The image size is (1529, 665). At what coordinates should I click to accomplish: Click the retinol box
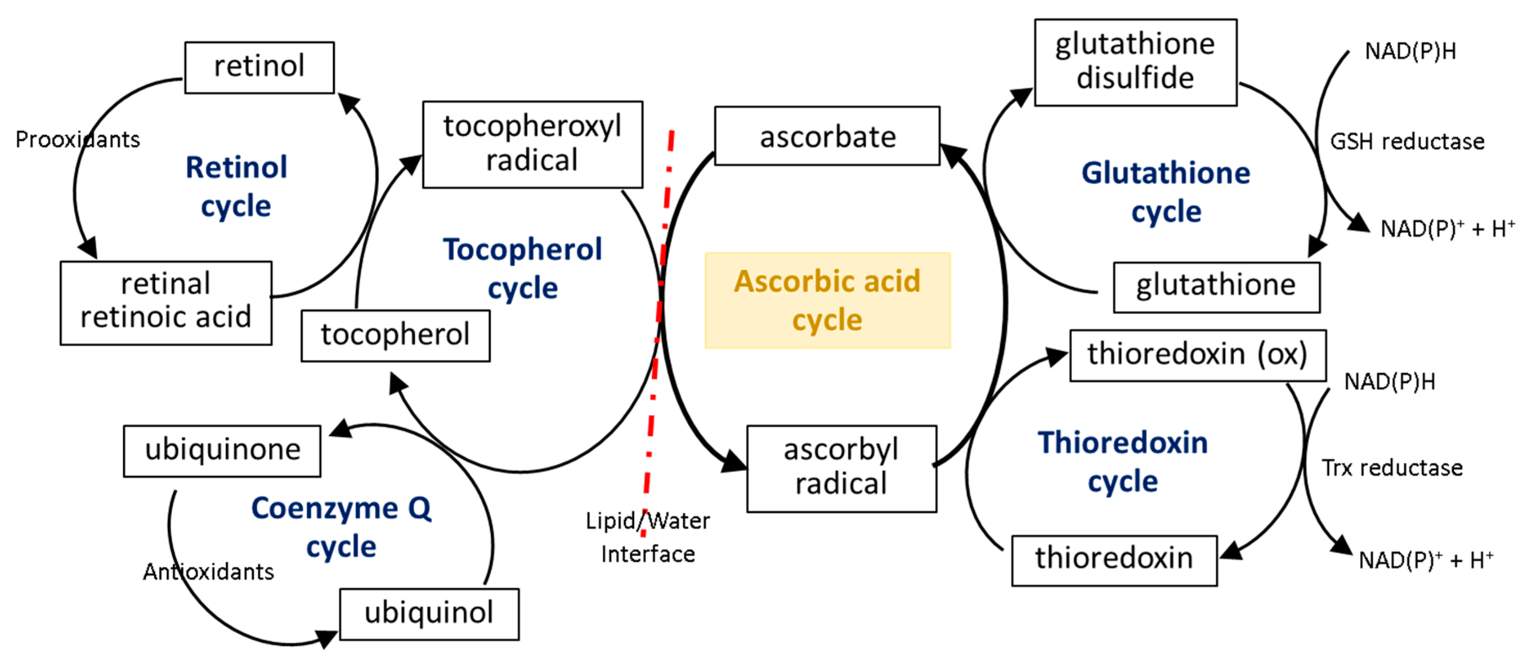(x=259, y=67)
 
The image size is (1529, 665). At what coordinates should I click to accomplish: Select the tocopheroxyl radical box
(x=532, y=144)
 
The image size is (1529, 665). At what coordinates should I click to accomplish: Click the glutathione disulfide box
(x=1135, y=62)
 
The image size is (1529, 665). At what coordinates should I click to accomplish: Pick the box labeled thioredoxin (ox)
(x=1197, y=355)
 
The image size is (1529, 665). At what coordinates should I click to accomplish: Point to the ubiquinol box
(x=429, y=614)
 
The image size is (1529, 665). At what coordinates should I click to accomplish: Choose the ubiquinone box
(x=222, y=451)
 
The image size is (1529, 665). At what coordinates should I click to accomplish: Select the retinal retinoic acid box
(x=166, y=302)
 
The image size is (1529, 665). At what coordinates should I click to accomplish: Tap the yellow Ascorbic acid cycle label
(x=828, y=300)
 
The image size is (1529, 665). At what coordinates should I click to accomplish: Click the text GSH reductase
(x=1407, y=142)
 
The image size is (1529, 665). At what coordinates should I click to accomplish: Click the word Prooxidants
(x=77, y=140)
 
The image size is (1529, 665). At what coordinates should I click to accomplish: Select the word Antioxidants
(x=208, y=572)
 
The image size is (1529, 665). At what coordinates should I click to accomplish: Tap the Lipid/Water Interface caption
(x=648, y=537)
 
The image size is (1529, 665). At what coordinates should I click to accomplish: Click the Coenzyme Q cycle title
(x=341, y=527)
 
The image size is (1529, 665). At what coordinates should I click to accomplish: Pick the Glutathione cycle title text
(x=1166, y=192)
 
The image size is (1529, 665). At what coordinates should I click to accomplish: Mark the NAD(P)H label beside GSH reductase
(x=1410, y=51)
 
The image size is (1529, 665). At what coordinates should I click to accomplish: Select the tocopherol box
(x=395, y=335)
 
